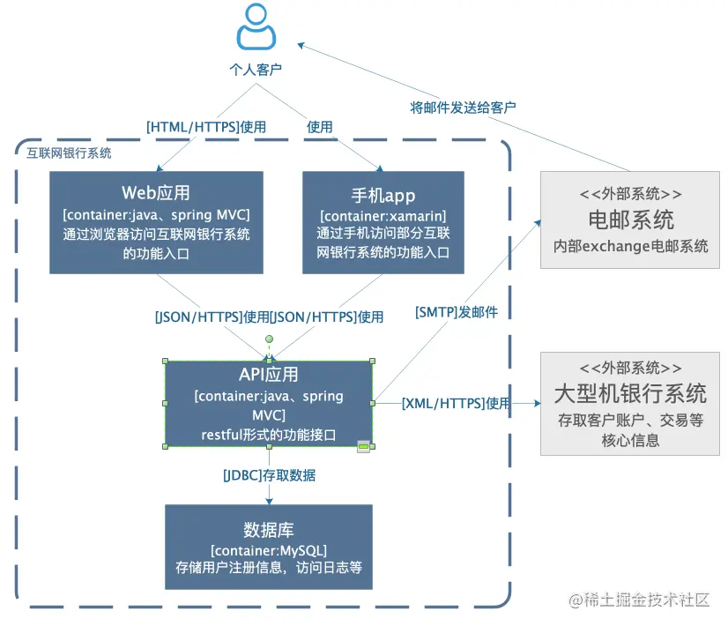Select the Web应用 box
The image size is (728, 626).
(156, 221)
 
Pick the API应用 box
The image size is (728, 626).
(269, 405)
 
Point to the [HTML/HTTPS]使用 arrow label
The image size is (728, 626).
(206, 127)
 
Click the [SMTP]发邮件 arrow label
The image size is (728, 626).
(457, 311)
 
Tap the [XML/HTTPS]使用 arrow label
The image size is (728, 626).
(456, 404)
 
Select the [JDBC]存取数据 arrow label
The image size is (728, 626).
(269, 475)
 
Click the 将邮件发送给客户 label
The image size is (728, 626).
(464, 107)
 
